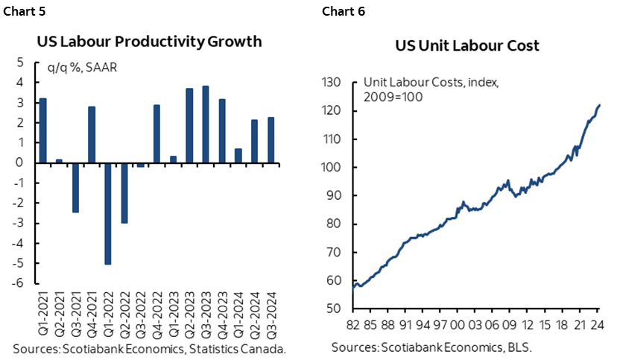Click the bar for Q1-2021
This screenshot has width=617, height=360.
click(42, 130)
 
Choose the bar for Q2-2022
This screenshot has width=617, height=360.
click(124, 192)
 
